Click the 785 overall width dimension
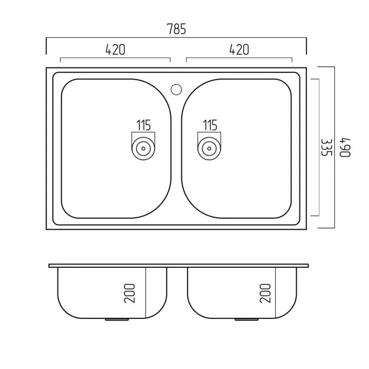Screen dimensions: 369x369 click(x=176, y=28)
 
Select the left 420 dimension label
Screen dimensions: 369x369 click(x=115, y=50)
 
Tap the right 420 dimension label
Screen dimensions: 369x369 click(x=239, y=50)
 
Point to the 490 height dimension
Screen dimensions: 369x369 click(x=345, y=147)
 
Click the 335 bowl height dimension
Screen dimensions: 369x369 click(x=327, y=147)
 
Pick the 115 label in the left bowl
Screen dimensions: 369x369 click(x=143, y=125)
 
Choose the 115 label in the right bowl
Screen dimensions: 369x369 click(x=210, y=125)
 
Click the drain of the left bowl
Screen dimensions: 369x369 click(x=143, y=149)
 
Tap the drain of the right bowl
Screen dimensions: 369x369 click(x=209, y=149)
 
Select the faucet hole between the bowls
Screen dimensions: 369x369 click(x=176, y=90)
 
